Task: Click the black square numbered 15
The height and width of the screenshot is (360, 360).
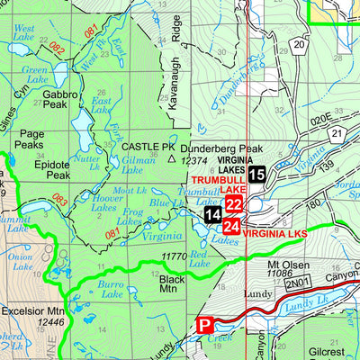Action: (x=257, y=175)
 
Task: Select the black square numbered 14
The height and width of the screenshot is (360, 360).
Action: (x=211, y=215)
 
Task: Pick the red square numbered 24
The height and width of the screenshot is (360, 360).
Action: (x=231, y=225)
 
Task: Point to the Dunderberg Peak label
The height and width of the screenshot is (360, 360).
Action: (x=220, y=149)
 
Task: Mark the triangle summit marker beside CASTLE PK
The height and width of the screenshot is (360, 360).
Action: (x=171, y=157)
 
